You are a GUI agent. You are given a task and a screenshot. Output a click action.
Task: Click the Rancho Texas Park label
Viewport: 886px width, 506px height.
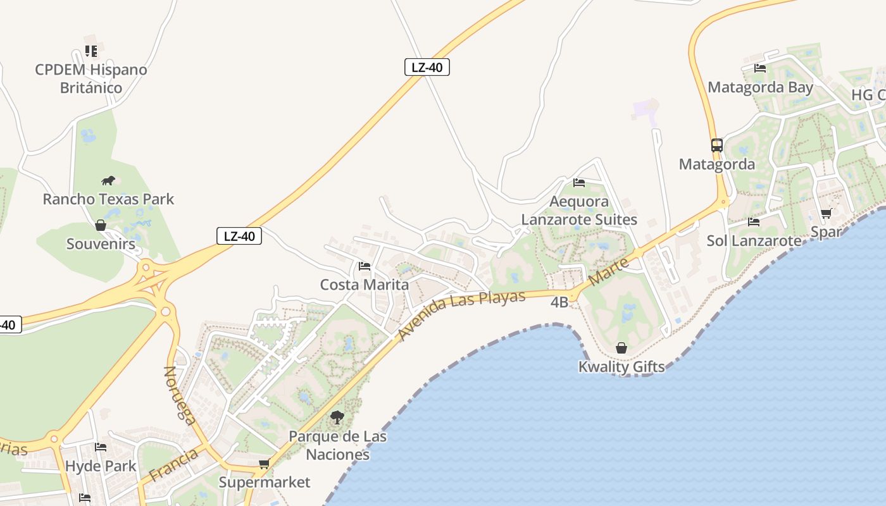pos(108,199)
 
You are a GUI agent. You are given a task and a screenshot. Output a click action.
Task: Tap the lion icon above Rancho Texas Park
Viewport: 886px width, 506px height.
pos(108,182)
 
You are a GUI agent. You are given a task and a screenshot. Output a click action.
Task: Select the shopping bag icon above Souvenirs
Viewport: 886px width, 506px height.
pos(100,225)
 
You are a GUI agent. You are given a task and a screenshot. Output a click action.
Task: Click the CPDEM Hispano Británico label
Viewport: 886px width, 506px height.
pos(91,78)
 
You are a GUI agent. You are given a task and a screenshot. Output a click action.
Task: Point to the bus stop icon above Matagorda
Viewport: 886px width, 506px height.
pos(716,145)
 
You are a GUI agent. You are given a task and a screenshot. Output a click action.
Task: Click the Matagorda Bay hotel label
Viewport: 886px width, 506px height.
pos(760,87)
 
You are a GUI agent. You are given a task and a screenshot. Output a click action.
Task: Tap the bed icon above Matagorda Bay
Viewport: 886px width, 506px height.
pos(760,68)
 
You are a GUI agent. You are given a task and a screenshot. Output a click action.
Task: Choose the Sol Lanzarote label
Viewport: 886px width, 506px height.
pos(754,241)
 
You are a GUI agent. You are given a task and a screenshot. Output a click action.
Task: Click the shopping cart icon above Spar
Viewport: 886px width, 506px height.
pos(826,214)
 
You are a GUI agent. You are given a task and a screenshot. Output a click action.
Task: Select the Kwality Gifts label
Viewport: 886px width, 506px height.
pos(621,367)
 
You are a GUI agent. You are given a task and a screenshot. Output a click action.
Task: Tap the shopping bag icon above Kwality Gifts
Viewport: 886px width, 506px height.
pos(621,348)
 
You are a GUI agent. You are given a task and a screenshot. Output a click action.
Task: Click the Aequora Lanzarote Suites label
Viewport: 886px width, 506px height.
pos(579,211)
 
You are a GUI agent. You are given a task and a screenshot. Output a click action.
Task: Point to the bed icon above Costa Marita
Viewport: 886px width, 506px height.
pos(365,266)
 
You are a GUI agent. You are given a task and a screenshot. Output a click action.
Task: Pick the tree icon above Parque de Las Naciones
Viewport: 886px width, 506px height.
pos(337,417)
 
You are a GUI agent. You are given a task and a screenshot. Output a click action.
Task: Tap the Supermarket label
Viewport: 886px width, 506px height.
pos(265,483)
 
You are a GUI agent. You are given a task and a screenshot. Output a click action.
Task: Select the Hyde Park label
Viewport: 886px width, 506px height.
pos(101,466)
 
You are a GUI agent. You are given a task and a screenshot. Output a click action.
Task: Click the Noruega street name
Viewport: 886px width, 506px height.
pos(180,393)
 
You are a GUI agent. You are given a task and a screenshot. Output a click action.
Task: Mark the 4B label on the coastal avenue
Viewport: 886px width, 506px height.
pos(559,302)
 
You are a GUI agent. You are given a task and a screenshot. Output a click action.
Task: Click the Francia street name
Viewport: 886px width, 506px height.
pos(173,465)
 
